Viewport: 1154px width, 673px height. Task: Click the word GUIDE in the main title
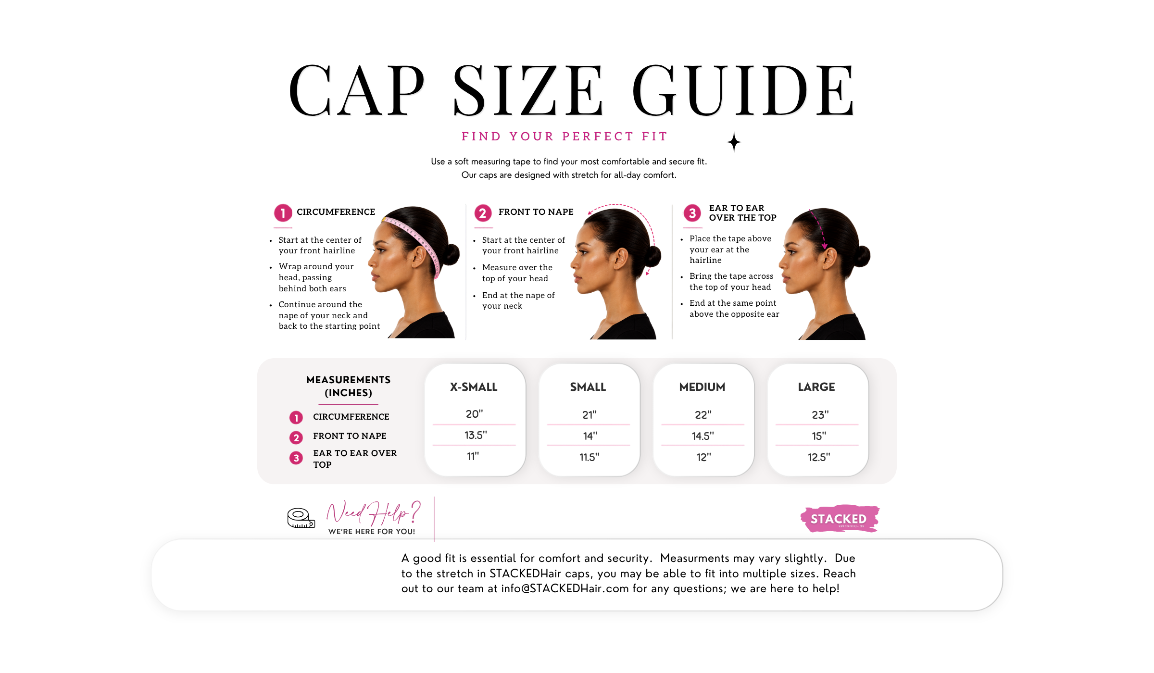pos(743,90)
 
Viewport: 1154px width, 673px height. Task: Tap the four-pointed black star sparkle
pos(734,142)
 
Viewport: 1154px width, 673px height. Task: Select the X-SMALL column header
pos(474,387)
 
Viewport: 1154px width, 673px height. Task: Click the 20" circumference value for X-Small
pos(474,414)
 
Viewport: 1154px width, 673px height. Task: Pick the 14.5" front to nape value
pos(702,436)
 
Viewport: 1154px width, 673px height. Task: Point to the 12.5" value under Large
pos(818,457)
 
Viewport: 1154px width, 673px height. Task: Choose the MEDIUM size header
pos(702,387)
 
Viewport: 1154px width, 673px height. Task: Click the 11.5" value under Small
pos(589,457)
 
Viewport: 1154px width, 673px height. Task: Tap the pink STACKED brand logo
pos(840,518)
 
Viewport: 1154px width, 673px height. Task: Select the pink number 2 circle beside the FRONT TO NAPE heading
pos(483,213)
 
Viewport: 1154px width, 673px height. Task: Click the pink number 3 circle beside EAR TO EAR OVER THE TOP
pos(692,213)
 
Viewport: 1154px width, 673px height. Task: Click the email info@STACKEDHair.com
pos(565,589)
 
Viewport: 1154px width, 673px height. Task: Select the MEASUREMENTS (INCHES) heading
pos(349,386)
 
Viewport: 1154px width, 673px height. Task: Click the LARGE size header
pos(816,387)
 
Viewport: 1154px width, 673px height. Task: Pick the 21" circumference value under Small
pos(589,415)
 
